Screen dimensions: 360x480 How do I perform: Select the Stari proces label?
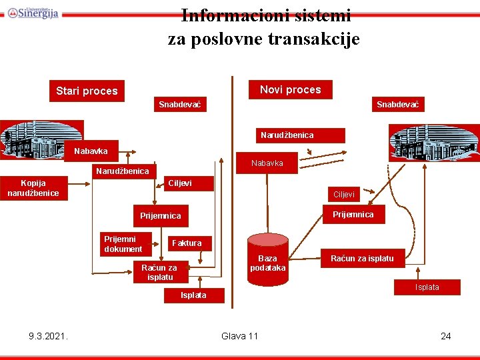click(x=87, y=91)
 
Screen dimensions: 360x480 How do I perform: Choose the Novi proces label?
click(x=290, y=89)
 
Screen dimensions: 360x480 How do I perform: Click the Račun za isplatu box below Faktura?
click(x=159, y=272)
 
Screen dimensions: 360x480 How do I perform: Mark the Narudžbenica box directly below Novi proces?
click(x=287, y=135)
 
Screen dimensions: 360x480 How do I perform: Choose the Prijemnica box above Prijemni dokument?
click(x=161, y=215)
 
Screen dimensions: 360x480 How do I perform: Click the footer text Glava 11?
click(x=239, y=336)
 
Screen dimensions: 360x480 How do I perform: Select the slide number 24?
click(x=446, y=336)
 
